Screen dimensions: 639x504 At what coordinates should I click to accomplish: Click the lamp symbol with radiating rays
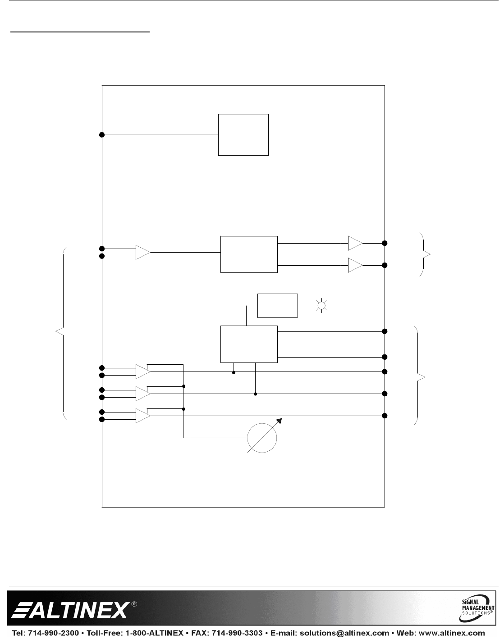[321, 305]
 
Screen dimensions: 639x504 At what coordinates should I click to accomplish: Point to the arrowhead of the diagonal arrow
[281, 420]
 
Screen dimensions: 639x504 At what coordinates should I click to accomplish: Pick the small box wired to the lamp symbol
[277, 305]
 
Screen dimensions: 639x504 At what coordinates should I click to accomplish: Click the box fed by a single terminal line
[243, 135]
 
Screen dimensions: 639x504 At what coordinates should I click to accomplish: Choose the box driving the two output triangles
[249, 254]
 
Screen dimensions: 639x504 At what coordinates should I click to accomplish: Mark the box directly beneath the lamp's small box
[249, 344]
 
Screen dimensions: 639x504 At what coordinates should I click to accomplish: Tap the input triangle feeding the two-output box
[142, 252]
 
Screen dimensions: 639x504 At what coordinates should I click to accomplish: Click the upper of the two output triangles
[355, 243]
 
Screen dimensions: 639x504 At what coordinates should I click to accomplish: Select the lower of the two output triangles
[355, 266]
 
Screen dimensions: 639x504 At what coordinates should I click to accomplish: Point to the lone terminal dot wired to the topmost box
[102, 135]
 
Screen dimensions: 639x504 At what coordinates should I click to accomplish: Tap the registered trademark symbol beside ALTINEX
[134, 603]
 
